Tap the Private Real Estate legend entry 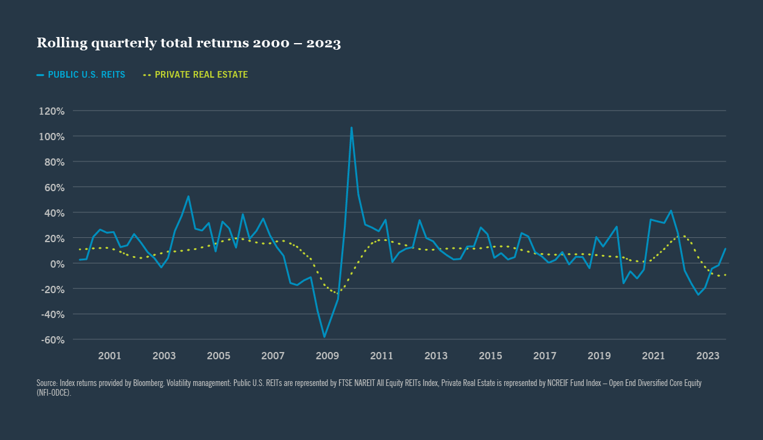click(196, 75)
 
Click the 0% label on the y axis click(57, 263)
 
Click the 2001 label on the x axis click(109, 356)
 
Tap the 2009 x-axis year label click(327, 356)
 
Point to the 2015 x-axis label click(491, 356)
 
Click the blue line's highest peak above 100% click(351, 127)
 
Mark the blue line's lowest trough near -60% click(324, 337)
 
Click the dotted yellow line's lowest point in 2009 click(338, 293)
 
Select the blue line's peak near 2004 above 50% click(188, 196)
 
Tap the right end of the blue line click(725, 249)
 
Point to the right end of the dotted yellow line click(725, 275)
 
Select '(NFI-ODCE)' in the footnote click(54, 393)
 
